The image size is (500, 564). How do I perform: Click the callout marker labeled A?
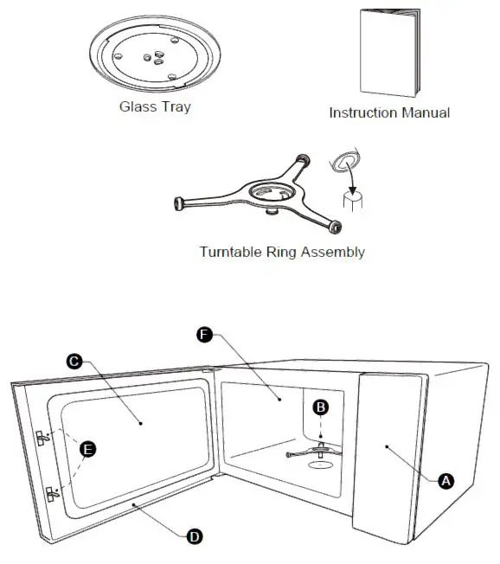[x=446, y=481]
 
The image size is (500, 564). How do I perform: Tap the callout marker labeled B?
[x=320, y=406]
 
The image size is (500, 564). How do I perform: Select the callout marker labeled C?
[x=74, y=362]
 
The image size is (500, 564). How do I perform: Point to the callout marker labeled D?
[x=195, y=535]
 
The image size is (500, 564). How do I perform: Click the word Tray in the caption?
[x=176, y=107]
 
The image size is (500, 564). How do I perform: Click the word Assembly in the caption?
[x=333, y=253]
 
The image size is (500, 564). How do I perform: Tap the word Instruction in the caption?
[x=363, y=112]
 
